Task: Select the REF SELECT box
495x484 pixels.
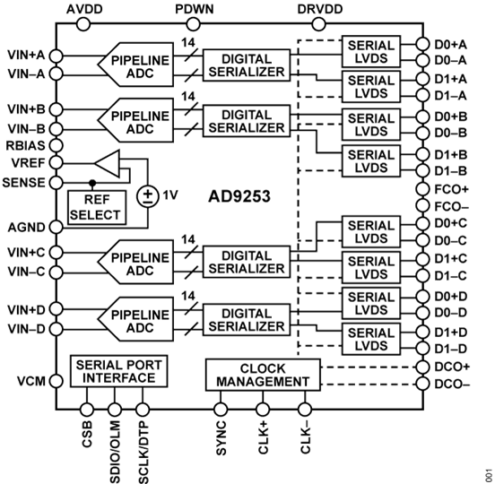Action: point(100,208)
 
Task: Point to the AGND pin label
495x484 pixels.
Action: point(21,228)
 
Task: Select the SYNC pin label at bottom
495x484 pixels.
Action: point(221,432)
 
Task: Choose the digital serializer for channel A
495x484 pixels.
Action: point(245,65)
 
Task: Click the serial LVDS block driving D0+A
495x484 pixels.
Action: point(370,50)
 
